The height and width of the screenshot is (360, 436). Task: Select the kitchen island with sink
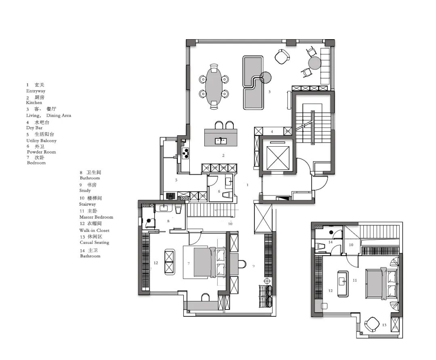coord(220,137)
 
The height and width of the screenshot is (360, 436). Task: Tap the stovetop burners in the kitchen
coord(186,152)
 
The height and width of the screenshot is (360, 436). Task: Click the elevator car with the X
coord(277,156)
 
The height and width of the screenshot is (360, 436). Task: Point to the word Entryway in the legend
coord(36,91)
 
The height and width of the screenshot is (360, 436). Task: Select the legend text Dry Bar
coord(34,128)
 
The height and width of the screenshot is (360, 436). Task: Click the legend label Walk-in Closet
coord(94,230)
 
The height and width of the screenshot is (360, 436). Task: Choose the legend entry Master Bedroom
coord(96,217)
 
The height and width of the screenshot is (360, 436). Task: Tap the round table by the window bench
coord(314,63)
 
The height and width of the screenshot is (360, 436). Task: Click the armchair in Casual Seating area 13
coord(371,324)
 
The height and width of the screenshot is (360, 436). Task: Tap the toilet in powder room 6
coord(227,195)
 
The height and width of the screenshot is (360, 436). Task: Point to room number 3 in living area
coord(269,92)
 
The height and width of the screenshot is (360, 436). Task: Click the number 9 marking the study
coord(253,266)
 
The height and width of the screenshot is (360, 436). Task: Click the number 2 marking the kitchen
coord(222,155)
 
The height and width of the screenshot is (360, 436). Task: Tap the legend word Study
coord(85,190)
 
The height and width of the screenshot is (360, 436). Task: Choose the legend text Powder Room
coord(41,152)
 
